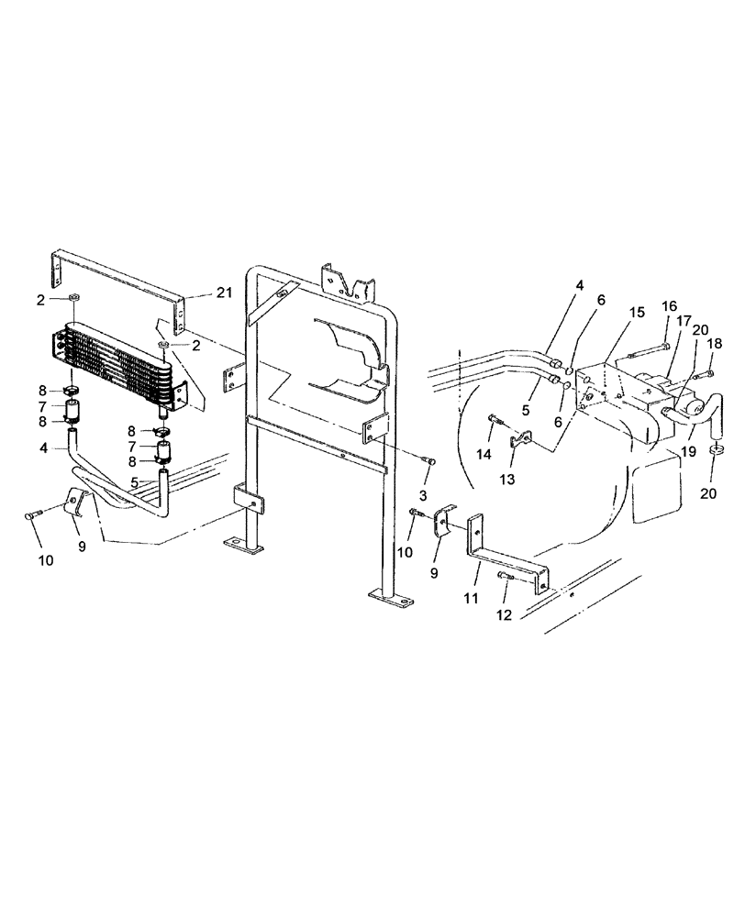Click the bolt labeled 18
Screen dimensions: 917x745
point(704,374)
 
